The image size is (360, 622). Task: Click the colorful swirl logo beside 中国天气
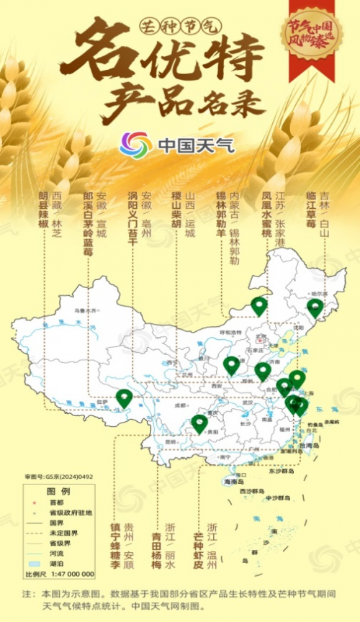pyautogui.click(x=135, y=145)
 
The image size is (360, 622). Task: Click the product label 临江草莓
pyautogui.click(x=311, y=211)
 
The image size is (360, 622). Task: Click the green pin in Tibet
pyautogui.click(x=124, y=397)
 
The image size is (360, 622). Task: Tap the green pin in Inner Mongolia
pyautogui.click(x=258, y=305)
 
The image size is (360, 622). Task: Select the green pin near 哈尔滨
pyautogui.click(x=315, y=307)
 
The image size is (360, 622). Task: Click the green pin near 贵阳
pyautogui.click(x=199, y=423)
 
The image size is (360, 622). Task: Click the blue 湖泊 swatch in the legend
pyautogui.click(x=33, y=564)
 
